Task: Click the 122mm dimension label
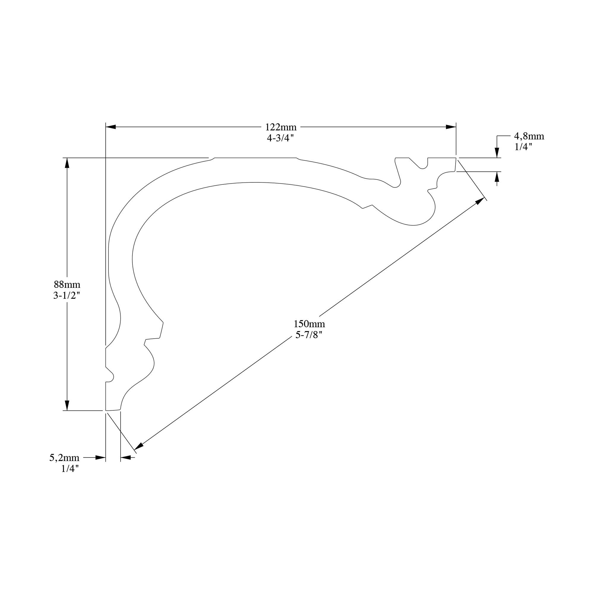pos(281,127)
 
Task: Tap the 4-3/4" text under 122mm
pos(280,138)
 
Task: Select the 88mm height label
pos(67,284)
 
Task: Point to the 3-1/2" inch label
pos(67,296)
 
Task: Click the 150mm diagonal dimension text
pos(309,324)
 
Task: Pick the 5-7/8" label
pos(309,335)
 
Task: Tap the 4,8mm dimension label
pos(529,136)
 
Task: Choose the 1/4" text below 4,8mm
pos(523,147)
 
